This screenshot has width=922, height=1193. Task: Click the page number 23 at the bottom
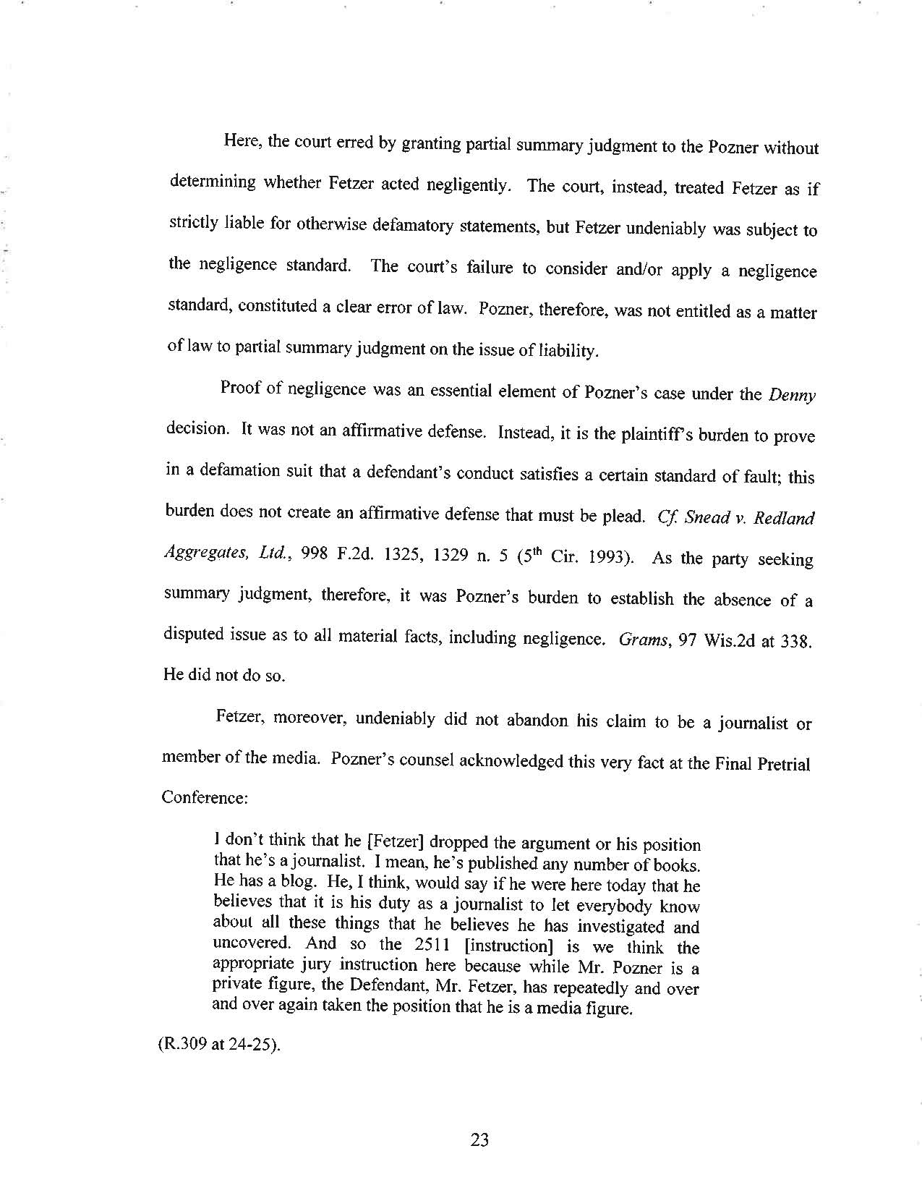click(479, 1141)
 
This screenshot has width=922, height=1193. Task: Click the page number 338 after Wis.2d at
click(797, 642)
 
